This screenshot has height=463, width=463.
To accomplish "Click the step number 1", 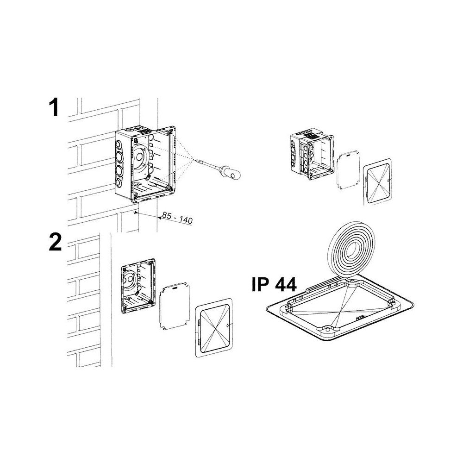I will pyautogui.click(x=54, y=107).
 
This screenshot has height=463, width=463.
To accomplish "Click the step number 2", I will pyautogui.click(x=55, y=242).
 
